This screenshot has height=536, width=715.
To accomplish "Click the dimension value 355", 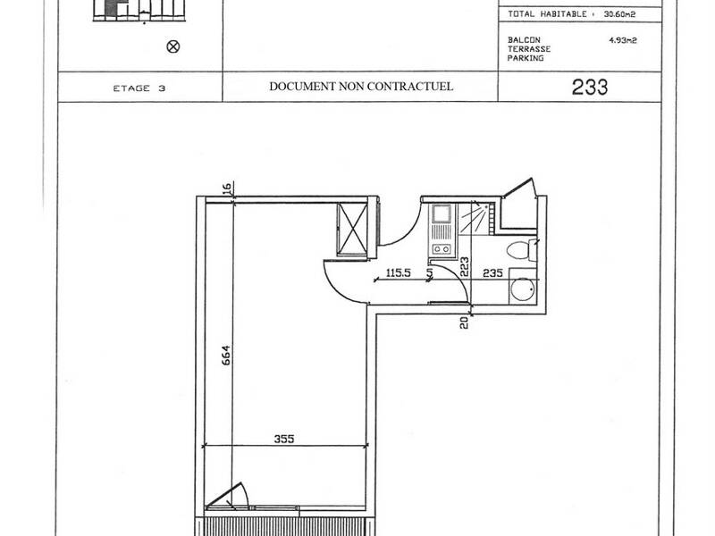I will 285,439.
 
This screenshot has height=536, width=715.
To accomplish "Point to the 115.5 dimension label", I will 398,274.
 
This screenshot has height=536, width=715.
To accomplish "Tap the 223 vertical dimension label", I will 465,265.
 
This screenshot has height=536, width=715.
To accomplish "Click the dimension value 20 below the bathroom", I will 465,322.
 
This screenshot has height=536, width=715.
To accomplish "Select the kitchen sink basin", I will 442,214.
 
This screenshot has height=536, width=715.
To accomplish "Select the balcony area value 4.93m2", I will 623,40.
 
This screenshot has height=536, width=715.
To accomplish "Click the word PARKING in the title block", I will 526,58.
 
